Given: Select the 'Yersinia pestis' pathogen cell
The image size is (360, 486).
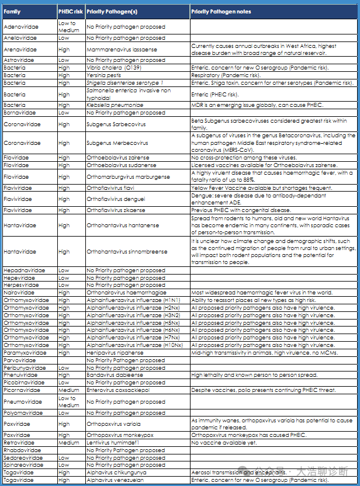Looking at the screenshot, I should (x=103, y=75).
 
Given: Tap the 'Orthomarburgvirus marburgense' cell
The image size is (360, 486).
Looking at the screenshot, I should (x=128, y=176).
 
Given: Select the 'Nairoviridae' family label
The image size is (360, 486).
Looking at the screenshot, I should (x=19, y=292).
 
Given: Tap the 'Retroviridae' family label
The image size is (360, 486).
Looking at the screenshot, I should (x=19, y=443).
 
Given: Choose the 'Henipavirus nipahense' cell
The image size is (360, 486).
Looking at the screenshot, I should (x=115, y=353).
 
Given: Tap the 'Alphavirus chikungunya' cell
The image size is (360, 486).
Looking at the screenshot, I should (x=115, y=473).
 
